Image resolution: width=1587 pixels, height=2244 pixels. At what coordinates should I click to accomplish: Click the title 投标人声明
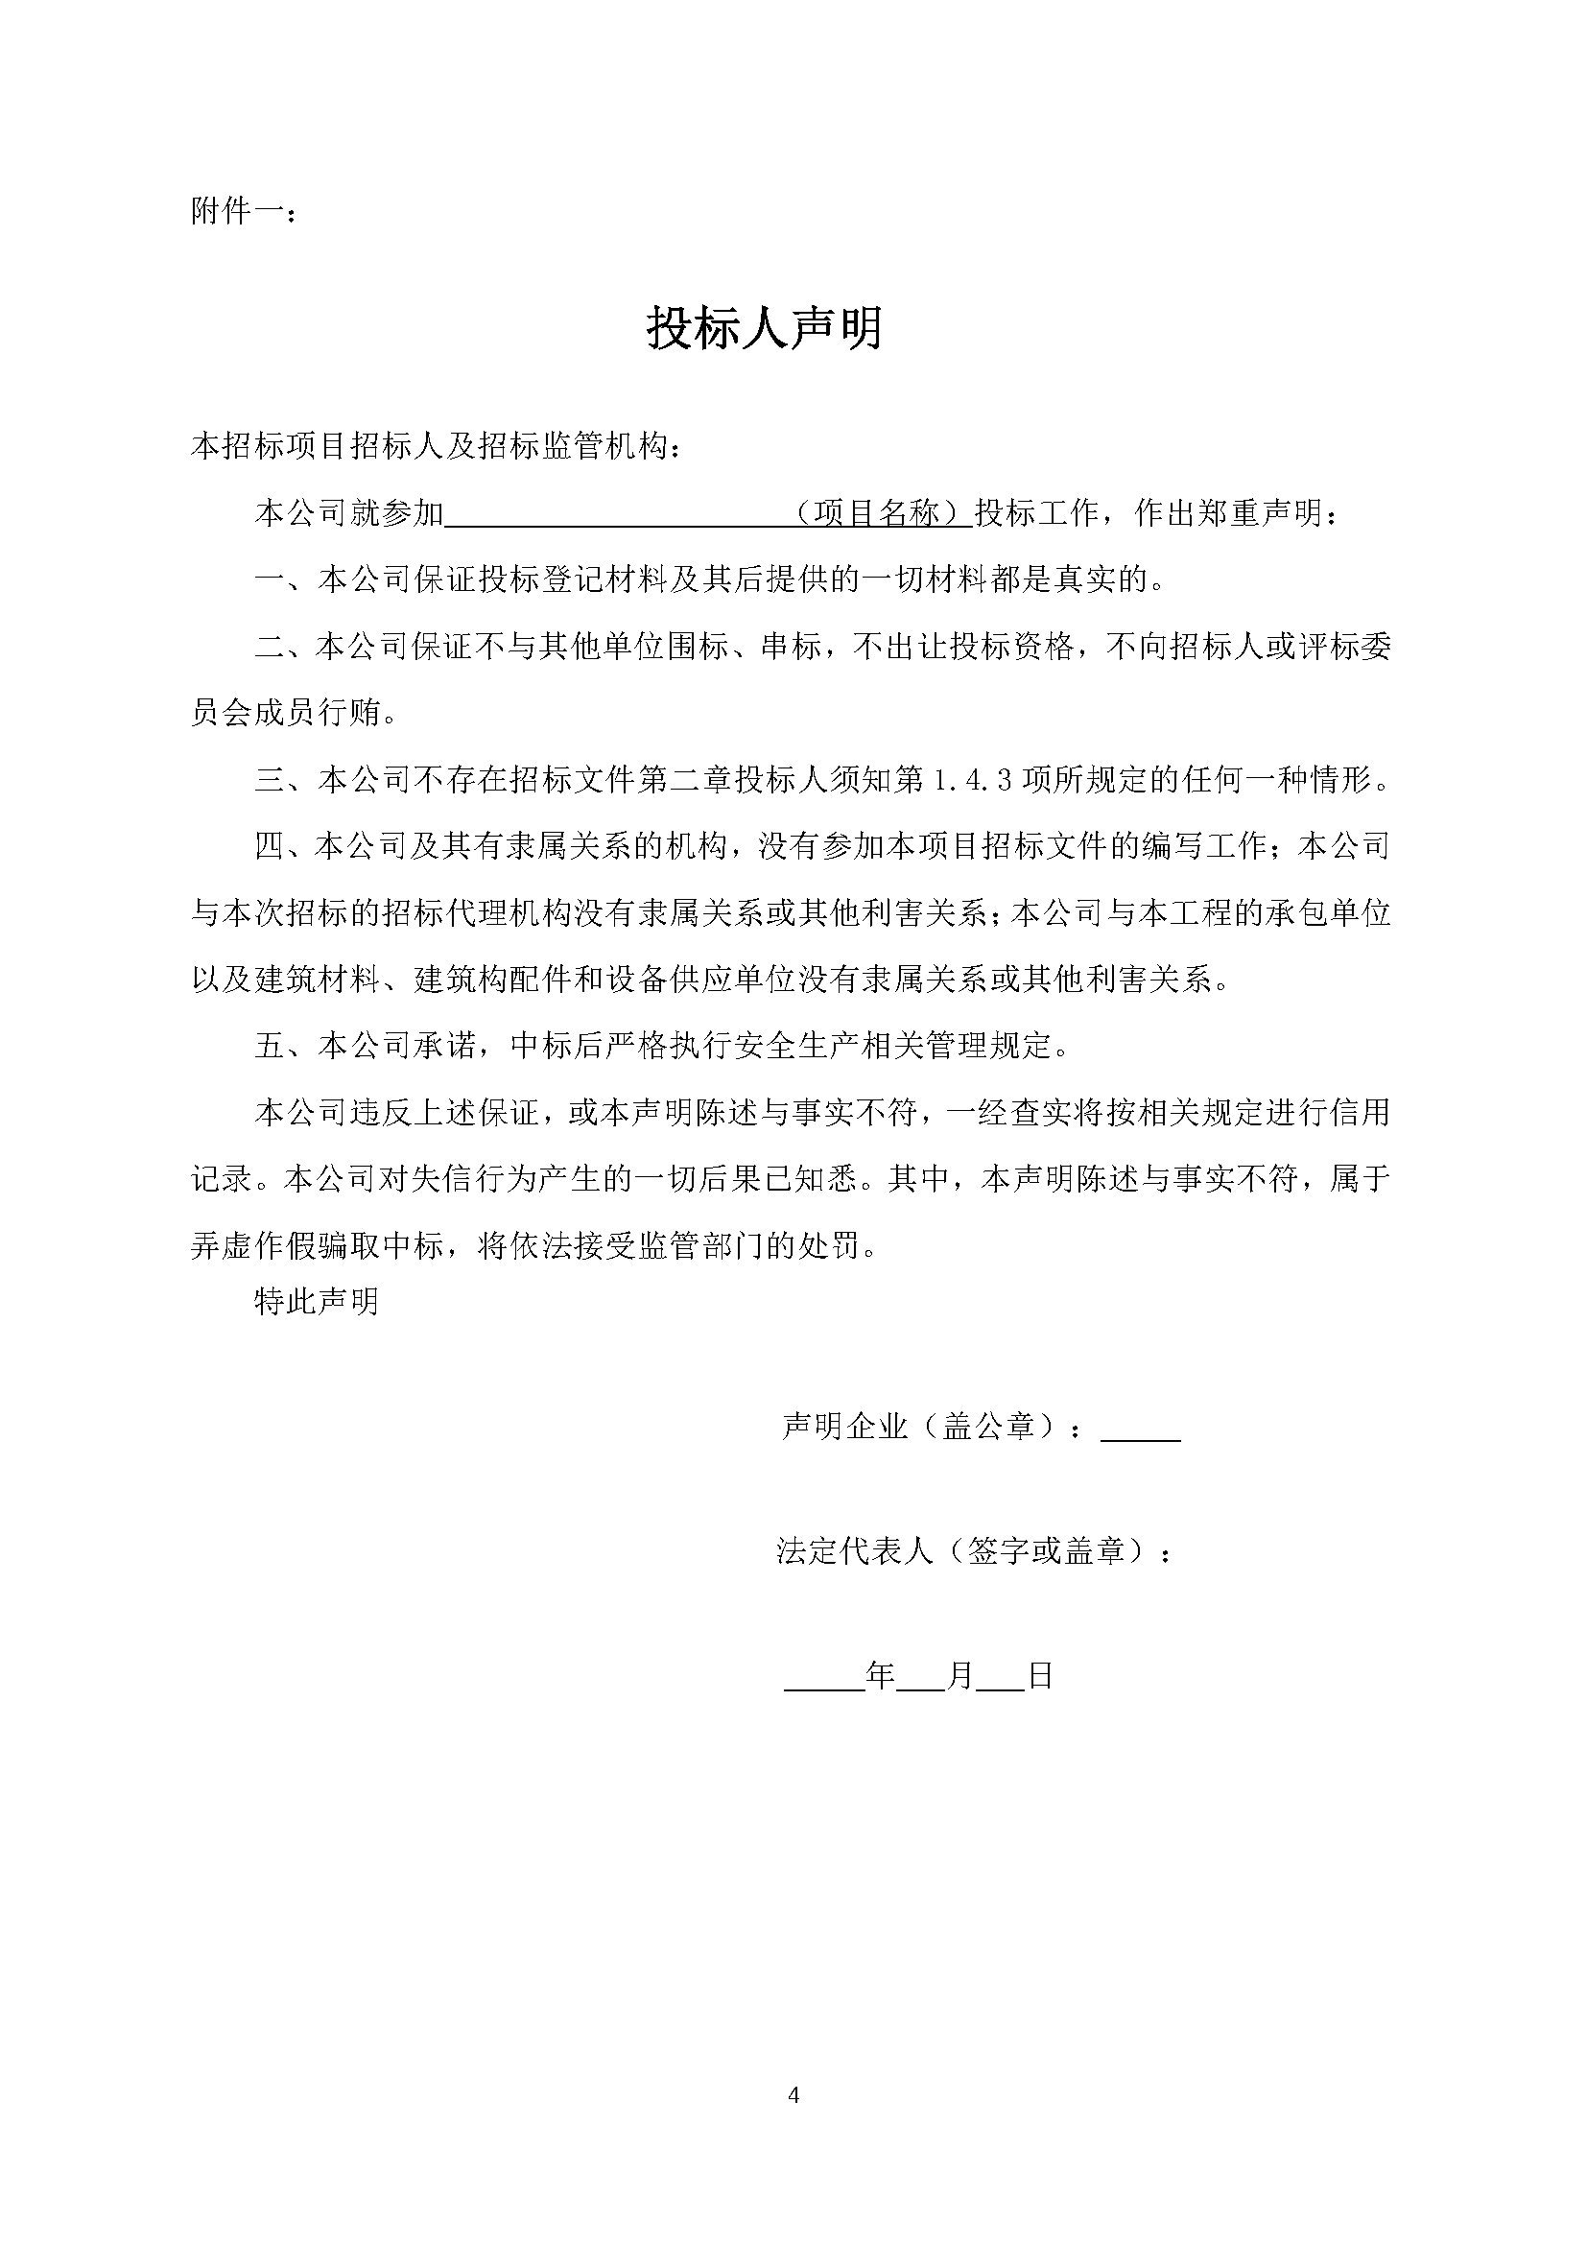click(764, 329)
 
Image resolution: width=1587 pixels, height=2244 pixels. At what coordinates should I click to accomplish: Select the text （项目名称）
click(880, 513)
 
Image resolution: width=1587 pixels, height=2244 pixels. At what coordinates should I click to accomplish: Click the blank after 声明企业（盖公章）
click(1141, 1428)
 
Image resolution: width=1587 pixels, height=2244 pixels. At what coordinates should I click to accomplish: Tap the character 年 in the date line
click(881, 1676)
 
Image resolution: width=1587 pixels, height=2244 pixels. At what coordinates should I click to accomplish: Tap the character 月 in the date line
click(960, 1676)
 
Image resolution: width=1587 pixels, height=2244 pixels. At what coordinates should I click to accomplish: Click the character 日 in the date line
click(1041, 1676)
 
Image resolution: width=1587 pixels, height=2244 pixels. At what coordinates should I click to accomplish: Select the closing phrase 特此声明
click(316, 1302)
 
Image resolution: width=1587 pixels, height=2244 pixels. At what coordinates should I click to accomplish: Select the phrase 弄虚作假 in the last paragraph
click(252, 1246)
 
